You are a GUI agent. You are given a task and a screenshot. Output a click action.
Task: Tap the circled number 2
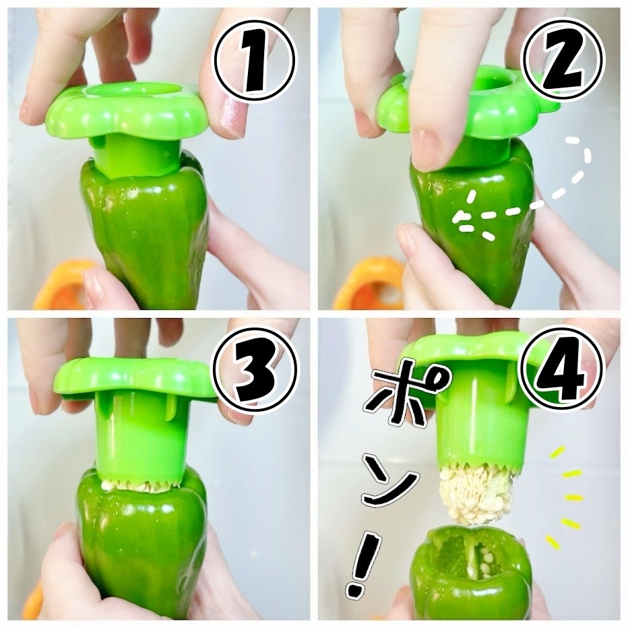click(564, 61)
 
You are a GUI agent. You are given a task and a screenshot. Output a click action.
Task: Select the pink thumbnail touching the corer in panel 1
click(232, 115)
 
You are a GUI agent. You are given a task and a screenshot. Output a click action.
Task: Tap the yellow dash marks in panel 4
click(565, 497)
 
